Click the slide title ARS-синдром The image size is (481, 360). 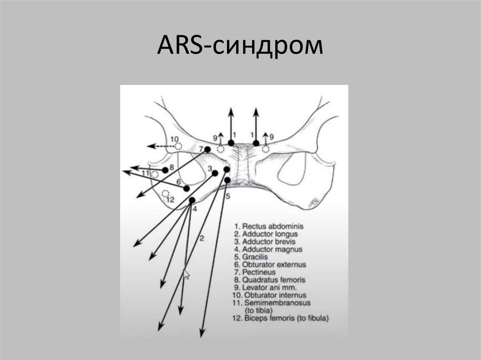(x=240, y=47)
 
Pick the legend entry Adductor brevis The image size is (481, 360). (x=265, y=242)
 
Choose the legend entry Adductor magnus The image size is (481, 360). (x=267, y=249)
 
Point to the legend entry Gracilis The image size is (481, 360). (x=253, y=257)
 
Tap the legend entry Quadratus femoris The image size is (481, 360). (x=269, y=280)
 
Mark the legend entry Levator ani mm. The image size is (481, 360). (x=263, y=287)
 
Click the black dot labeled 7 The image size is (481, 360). (x=207, y=149)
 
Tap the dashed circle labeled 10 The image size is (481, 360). (x=178, y=146)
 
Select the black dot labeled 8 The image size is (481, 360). (x=165, y=169)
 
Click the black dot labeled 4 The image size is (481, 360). (x=192, y=200)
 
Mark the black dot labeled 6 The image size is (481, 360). (x=187, y=188)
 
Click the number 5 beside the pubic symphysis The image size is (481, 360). (x=228, y=197)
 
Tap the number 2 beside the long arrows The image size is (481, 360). (x=202, y=238)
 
